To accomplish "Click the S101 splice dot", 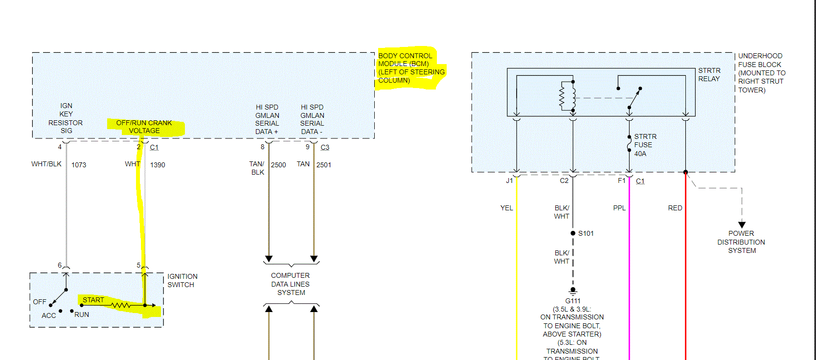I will click(x=573, y=233).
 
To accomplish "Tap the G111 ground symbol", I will click(x=573, y=291).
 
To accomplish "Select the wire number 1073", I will click(x=79, y=165).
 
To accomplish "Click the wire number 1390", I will click(x=158, y=165).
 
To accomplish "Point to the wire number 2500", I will click(x=278, y=165).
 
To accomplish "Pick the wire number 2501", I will click(x=324, y=165).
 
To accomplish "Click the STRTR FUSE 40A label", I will click(x=645, y=145).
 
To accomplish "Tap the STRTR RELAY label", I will click(x=709, y=74).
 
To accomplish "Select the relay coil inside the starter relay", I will click(x=567, y=96).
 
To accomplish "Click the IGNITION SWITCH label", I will click(x=182, y=280).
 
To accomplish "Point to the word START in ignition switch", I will click(x=93, y=300).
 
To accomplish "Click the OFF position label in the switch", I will click(x=40, y=302).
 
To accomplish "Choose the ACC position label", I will click(x=48, y=315).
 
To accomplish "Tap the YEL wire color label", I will click(x=506, y=208).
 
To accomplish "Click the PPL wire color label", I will click(x=619, y=208).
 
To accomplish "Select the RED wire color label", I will click(x=675, y=208).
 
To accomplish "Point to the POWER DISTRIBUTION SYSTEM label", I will click(x=741, y=242).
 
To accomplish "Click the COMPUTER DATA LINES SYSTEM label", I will click(x=291, y=284).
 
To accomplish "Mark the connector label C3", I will click(x=325, y=147).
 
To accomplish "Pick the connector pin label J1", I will click(x=509, y=180).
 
